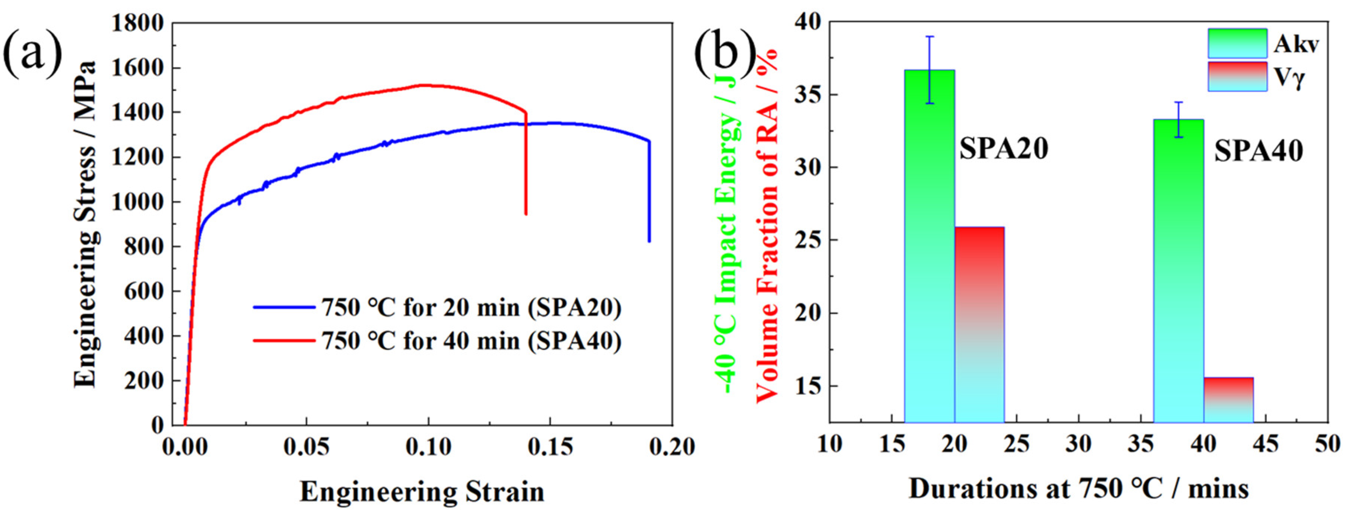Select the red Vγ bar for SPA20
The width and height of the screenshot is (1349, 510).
tap(979, 324)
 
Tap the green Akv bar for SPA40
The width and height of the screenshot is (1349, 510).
tap(1178, 272)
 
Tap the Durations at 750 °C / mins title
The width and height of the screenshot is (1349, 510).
tap(1079, 490)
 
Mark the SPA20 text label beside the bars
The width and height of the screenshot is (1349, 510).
tap(1003, 149)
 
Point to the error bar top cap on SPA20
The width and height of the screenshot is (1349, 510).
tap(930, 36)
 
